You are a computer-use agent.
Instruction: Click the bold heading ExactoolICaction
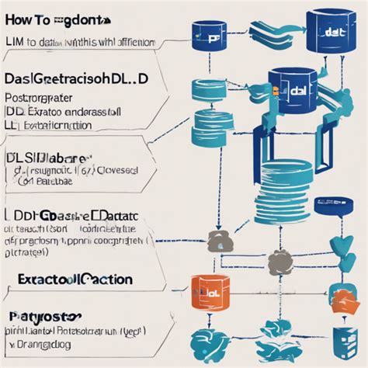tap(71, 279)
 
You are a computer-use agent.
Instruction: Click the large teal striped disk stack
tap(286, 186)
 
